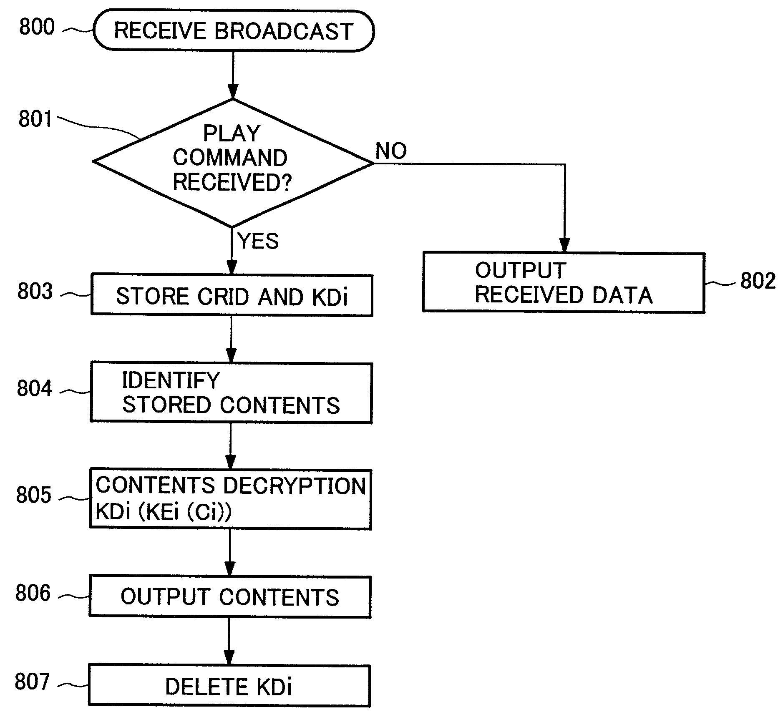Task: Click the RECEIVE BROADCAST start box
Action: [234, 31]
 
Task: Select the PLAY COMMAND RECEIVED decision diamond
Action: [233, 163]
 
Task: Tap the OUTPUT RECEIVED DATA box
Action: [564, 282]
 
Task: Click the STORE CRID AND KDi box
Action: [232, 295]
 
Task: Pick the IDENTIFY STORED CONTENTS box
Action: [231, 393]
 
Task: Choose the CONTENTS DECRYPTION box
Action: [230, 499]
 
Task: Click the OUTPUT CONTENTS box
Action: [230, 596]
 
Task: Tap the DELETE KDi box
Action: [229, 686]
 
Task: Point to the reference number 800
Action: [37, 28]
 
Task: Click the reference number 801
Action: [35, 119]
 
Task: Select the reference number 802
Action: [758, 280]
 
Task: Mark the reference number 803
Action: [35, 291]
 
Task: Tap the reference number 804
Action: [34, 388]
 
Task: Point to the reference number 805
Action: [34, 495]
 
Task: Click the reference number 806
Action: [33, 593]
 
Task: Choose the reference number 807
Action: [32, 682]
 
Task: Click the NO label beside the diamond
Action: [391, 151]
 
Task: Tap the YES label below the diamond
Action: [258, 241]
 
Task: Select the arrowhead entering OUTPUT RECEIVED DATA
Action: [564, 245]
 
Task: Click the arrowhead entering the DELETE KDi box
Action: [229, 658]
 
